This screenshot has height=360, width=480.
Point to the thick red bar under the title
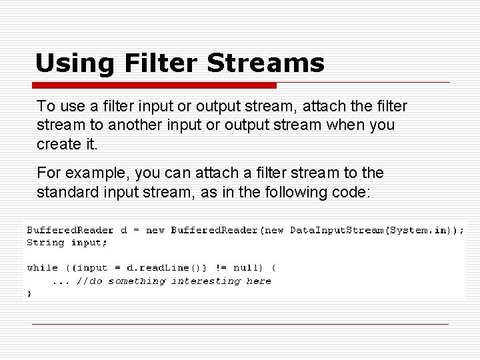tap(154, 85)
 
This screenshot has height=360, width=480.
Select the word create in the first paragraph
tap(57, 143)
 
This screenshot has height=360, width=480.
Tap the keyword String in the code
tap(45, 243)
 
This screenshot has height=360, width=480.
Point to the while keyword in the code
tap(42, 268)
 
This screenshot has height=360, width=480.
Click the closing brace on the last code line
tap(29, 293)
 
